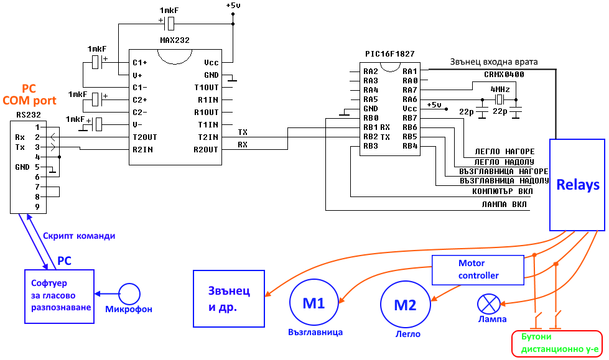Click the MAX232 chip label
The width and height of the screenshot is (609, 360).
click(x=175, y=40)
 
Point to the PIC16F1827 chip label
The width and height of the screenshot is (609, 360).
click(x=389, y=54)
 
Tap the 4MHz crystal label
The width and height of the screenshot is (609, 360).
click(x=500, y=90)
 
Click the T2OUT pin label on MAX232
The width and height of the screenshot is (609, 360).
click(x=145, y=137)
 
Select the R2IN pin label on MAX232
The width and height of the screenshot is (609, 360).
click(x=142, y=149)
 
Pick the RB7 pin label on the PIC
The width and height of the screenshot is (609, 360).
click(x=410, y=118)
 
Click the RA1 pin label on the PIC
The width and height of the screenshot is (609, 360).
click(x=410, y=71)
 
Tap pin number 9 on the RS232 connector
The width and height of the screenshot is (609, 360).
click(x=37, y=206)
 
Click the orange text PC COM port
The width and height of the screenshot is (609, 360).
click(x=29, y=95)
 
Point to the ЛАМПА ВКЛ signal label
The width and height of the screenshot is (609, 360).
click(x=504, y=205)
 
